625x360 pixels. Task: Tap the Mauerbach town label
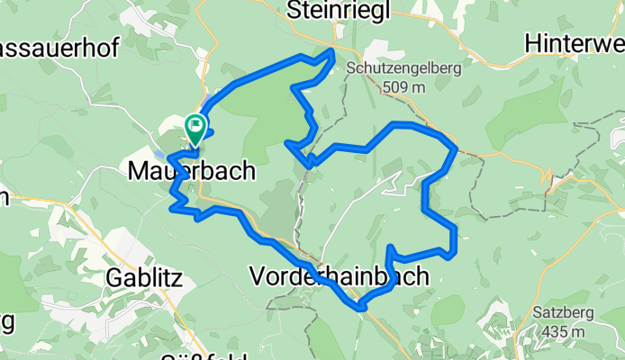[x=192, y=170]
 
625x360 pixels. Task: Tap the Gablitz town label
[x=150, y=278]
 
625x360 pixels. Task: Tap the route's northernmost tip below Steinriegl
[x=333, y=52]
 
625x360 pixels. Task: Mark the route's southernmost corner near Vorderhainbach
[x=362, y=309]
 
